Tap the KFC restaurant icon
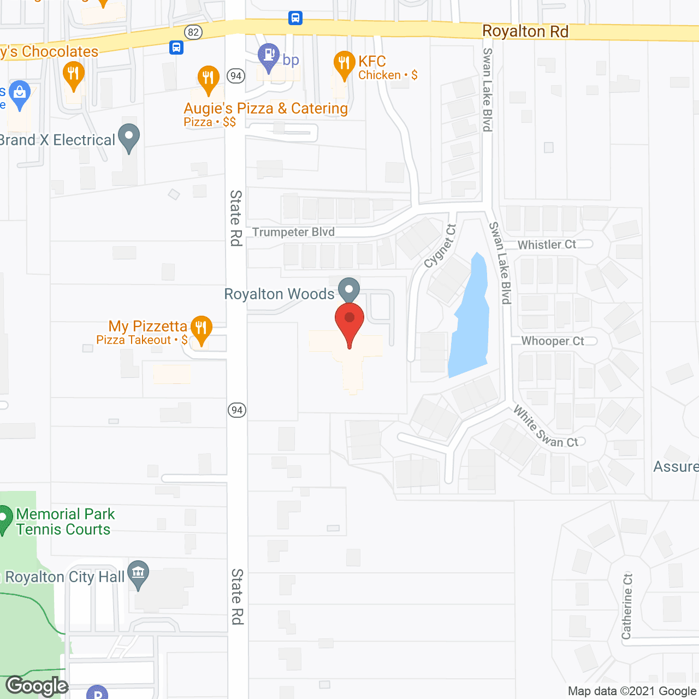[x=344, y=64]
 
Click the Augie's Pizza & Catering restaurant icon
[x=208, y=79]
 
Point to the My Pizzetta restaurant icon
[x=201, y=328]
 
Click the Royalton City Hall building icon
[x=138, y=573]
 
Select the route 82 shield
[x=193, y=32]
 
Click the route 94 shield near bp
[x=236, y=75]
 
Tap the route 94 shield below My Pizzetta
[x=236, y=410]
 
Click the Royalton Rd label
[x=525, y=32]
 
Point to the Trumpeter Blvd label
[x=293, y=232]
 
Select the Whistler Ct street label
[x=547, y=245]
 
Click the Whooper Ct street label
[x=553, y=341]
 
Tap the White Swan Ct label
[x=546, y=428]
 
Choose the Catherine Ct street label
[x=627, y=606]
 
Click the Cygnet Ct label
[x=440, y=247]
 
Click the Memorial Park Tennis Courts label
[x=65, y=522]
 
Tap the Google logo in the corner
[x=37, y=686]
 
